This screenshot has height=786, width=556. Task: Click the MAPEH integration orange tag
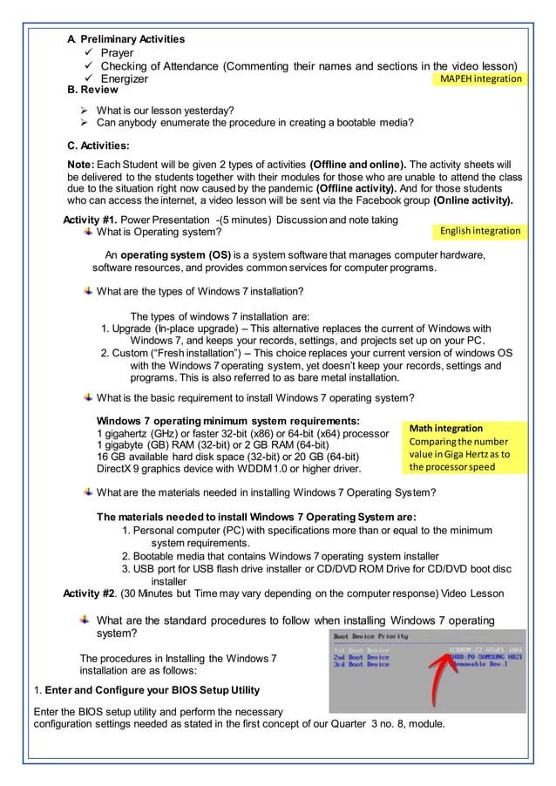pos(480,79)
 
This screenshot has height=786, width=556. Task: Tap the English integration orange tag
pos(480,231)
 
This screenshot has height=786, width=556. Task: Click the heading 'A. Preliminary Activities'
pos(126,39)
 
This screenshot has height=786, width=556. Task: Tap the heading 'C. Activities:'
pos(98,146)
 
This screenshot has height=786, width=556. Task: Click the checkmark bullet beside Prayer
pos(87,53)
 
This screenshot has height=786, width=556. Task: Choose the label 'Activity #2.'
pos(90,594)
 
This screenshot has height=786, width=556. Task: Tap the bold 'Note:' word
pos(83,163)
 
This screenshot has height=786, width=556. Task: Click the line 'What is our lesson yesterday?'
pos(165,109)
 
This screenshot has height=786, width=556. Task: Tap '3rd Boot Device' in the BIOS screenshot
pos(362,664)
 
